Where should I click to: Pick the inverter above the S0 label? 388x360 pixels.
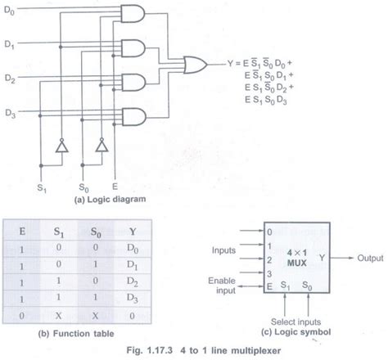(x=102, y=148)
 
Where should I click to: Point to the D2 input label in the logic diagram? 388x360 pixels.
(x=11, y=79)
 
